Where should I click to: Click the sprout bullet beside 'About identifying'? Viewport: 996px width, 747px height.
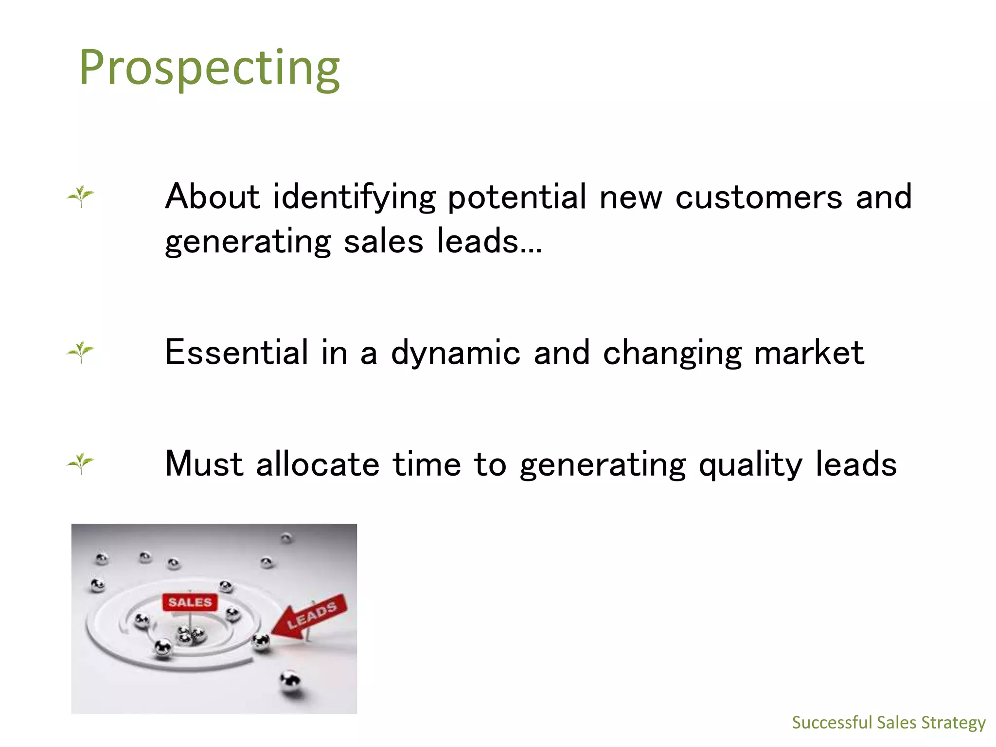(80, 196)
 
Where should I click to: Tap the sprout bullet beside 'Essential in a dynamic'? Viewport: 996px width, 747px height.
(80, 352)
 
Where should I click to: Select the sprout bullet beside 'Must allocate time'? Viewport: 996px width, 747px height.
(80, 463)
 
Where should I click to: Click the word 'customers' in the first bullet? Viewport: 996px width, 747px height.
(758, 197)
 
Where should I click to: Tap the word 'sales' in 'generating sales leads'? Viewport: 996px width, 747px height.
(383, 242)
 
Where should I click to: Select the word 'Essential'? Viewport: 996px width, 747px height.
(236, 352)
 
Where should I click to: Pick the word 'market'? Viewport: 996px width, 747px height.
(809, 352)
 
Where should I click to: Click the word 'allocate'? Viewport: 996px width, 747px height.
(317, 463)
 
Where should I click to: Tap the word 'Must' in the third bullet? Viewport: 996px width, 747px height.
(204, 463)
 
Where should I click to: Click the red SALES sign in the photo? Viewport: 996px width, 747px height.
(190, 602)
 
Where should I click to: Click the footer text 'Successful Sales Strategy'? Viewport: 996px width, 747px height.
(888, 723)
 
